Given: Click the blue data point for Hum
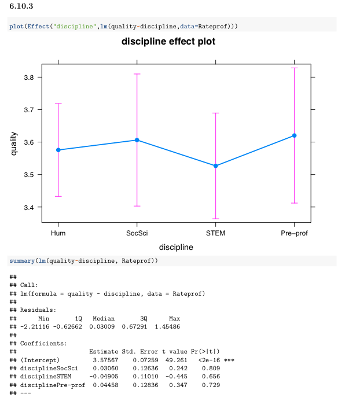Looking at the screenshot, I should [x=58, y=150].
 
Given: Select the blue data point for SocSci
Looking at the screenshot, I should [x=137, y=140].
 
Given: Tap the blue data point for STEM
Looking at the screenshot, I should [x=216, y=166].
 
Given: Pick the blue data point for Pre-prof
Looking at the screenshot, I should [x=294, y=135].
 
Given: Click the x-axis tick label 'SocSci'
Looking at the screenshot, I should [x=137, y=233].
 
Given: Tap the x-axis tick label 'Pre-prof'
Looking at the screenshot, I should [x=294, y=233].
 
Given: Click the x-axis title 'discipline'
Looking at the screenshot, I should [x=176, y=247].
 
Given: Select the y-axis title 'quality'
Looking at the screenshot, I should [x=13, y=142].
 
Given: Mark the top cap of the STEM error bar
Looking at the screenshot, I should [x=216, y=113].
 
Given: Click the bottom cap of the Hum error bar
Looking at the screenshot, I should [x=58, y=197].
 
